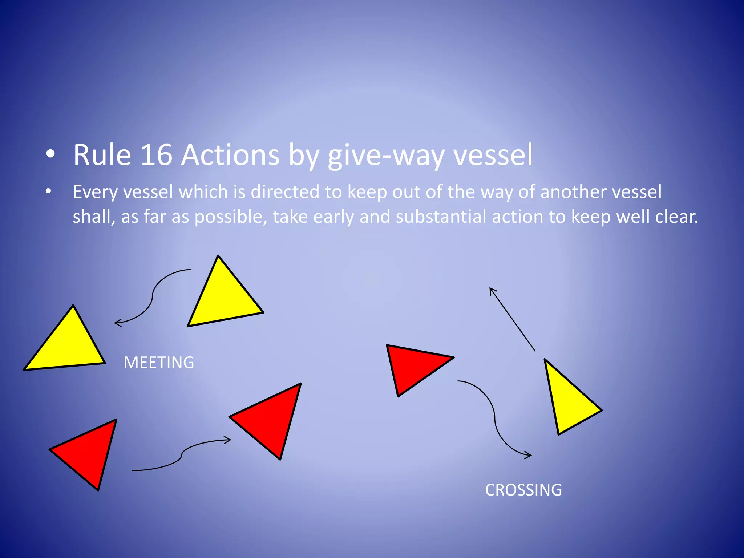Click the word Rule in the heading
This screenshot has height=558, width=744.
coord(102,155)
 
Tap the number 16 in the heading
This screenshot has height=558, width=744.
coord(156,155)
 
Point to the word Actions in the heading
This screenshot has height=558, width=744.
coord(230,155)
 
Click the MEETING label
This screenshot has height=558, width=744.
coord(159,363)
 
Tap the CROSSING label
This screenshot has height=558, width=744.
coord(523,490)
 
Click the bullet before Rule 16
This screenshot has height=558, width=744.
coord(50,154)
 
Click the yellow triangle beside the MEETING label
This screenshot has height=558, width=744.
coord(67,343)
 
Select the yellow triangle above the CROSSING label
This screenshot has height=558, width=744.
coord(569,400)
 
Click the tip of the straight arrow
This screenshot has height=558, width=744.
coord(490,288)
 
